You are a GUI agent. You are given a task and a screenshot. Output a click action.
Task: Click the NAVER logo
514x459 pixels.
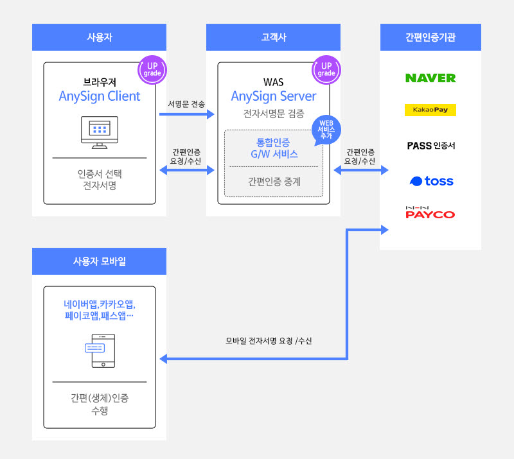point(430,78)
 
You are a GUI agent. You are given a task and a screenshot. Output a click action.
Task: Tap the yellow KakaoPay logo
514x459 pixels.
point(430,110)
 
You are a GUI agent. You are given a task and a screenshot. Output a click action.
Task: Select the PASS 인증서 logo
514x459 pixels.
point(430,146)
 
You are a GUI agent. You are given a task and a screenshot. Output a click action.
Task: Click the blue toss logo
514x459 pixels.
point(430,181)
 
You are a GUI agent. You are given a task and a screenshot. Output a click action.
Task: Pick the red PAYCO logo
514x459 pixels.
point(430,213)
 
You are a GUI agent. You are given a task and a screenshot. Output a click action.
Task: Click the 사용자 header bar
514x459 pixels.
point(99,37)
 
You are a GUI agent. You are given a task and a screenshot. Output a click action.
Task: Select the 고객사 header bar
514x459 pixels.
point(273,37)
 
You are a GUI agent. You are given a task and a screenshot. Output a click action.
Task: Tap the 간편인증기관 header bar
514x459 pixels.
point(430,37)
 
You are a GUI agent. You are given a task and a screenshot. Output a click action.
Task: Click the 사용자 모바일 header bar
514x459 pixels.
point(99,261)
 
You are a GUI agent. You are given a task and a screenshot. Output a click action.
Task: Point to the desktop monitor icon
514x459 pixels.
point(99,132)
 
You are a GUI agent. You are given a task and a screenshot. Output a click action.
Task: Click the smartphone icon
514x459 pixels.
point(100,351)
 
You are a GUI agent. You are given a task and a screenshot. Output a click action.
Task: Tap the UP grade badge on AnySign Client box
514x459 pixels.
point(152,69)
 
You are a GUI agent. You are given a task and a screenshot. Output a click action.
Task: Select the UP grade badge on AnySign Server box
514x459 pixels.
point(326,69)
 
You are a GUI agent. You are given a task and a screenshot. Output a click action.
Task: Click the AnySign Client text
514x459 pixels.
point(99,96)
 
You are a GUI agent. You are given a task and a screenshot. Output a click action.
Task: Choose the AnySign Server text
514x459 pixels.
point(273,96)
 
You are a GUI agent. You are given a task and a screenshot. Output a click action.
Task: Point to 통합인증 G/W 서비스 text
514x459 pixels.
point(273,148)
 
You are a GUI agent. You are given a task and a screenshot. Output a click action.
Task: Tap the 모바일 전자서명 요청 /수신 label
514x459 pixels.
point(268,341)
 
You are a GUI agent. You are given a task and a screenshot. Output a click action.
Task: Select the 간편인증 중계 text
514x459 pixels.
point(274,182)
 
